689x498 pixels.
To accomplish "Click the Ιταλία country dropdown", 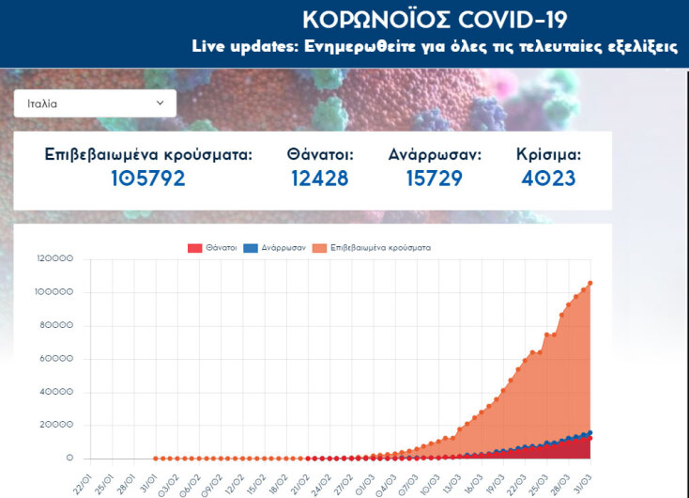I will click(94, 103).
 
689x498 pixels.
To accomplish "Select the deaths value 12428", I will click(320, 179).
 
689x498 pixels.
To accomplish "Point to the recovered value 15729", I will click(435, 179).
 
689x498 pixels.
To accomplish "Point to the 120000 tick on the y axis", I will click(54, 259).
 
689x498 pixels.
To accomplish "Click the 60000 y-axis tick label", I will click(57, 359).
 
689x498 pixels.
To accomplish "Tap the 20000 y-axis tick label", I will click(57, 426).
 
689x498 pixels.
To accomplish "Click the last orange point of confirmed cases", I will click(589, 283).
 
